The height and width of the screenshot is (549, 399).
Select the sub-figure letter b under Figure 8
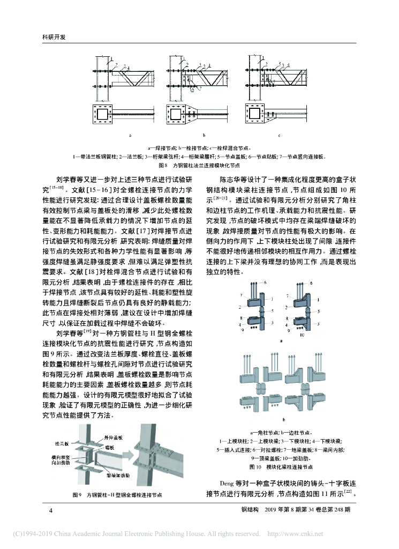(204, 136)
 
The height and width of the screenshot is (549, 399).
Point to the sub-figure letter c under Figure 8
(278, 136)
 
